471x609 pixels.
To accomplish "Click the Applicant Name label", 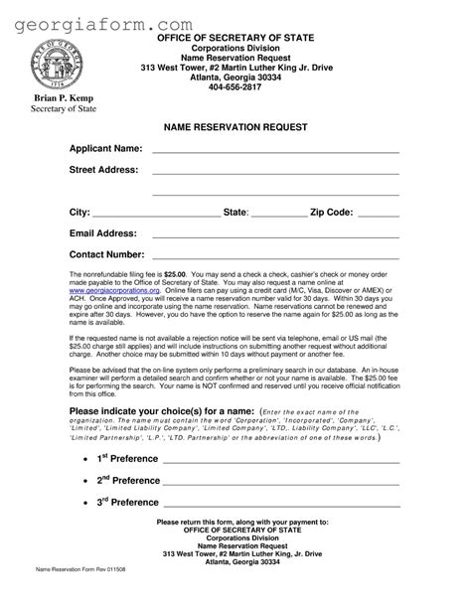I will (105, 149).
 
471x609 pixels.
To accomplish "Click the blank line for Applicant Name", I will (275, 153).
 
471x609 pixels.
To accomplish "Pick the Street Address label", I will (103, 170).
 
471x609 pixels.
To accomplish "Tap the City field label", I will (78, 213).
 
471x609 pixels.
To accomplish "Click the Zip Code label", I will (331, 213).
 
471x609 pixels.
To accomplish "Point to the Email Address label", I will (102, 233).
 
